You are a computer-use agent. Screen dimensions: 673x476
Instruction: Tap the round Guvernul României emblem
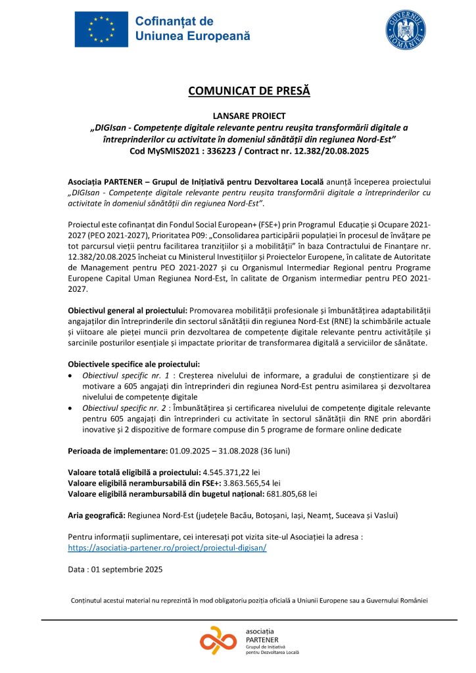click(x=403, y=30)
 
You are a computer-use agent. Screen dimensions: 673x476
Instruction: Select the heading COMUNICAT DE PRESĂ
click(x=239, y=91)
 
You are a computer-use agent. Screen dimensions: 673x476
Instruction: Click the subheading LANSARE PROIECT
click(x=240, y=116)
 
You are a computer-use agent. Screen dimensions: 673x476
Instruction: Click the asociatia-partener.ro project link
click(x=167, y=547)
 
